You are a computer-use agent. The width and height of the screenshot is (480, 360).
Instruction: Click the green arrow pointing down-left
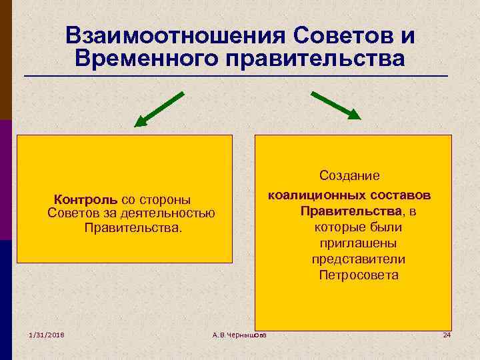[x=159, y=109]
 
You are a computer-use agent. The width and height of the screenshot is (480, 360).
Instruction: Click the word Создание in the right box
[x=349, y=175]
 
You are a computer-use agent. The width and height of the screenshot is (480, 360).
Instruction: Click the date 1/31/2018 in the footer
[x=46, y=334]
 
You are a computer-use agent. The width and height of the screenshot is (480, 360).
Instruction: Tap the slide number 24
[x=447, y=334]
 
